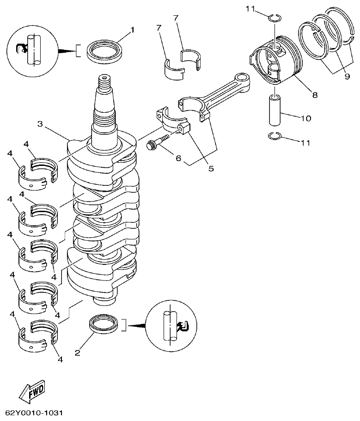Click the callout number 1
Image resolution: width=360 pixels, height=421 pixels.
(x=132, y=30)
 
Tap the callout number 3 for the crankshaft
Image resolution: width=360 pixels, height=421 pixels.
(x=40, y=124)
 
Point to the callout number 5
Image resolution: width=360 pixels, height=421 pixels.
(x=211, y=169)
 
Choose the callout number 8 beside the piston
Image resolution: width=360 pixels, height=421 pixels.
(x=315, y=96)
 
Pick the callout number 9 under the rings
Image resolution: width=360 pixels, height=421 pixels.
(x=347, y=77)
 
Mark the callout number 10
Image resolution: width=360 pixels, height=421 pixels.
(x=305, y=118)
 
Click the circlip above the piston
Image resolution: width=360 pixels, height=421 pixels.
(x=275, y=18)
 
